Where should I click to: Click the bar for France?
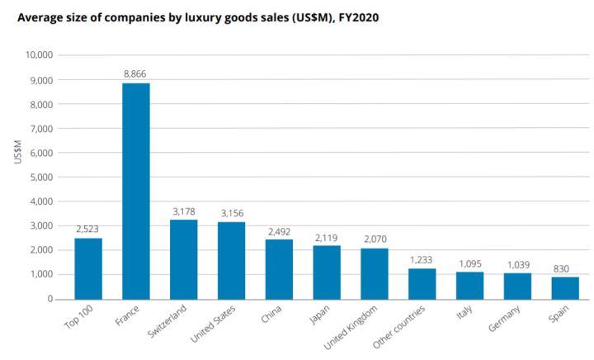coord(136,191)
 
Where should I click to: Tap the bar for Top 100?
coord(88,268)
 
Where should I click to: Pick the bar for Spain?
coord(565,287)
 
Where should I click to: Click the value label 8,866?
coord(136,73)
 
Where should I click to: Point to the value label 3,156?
coord(231,212)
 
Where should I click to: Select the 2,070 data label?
coord(375,239)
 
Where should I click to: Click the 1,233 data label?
coord(422,258)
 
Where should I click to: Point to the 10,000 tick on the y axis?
coord(40,55)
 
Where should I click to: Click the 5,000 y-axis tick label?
coord(42,177)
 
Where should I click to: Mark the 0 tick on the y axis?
coord(50,299)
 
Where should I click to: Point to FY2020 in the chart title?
coord(358,17)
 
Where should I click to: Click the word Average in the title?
coord(41,17)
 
